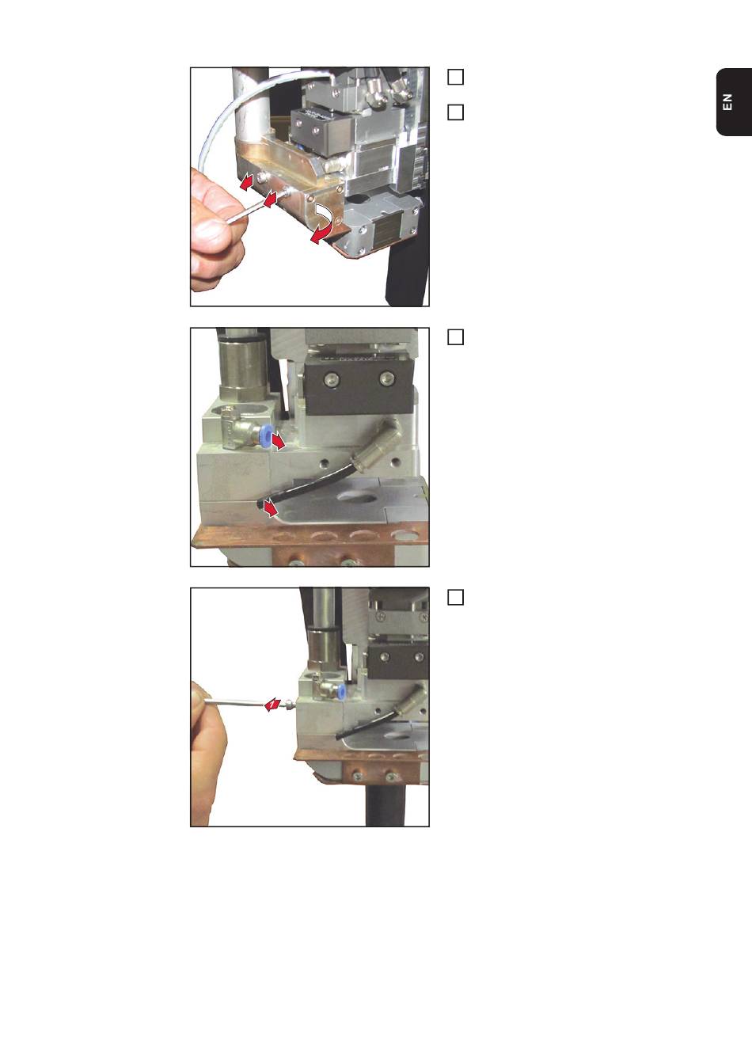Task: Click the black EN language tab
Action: point(734,102)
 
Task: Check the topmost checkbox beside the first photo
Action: point(456,77)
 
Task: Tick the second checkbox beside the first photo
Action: point(456,112)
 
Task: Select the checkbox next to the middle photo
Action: point(456,336)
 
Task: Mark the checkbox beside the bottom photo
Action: point(456,597)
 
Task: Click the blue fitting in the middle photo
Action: point(265,437)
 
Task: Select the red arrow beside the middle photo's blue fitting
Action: point(279,442)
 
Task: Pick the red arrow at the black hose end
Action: point(270,509)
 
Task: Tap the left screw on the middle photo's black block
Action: point(331,378)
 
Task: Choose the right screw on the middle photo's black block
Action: point(388,378)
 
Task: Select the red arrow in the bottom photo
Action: point(272,705)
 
